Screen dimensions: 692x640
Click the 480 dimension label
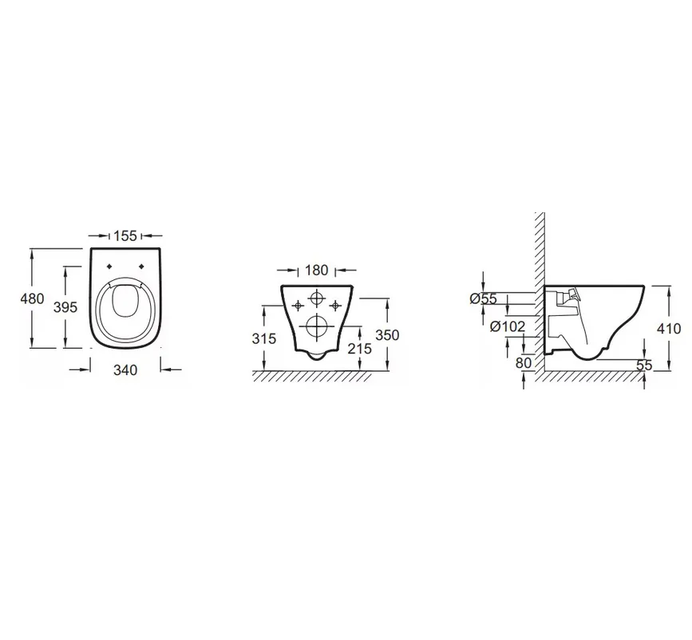32,298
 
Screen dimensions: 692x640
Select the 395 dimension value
65,306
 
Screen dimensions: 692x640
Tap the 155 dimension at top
125,235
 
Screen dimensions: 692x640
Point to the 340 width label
125,370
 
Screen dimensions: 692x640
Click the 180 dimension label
316,270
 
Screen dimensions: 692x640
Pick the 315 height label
264,339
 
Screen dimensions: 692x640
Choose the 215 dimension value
360,349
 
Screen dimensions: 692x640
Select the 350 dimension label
387,335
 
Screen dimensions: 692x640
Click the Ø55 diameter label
483,298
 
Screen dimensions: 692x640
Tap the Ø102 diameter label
508,326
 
